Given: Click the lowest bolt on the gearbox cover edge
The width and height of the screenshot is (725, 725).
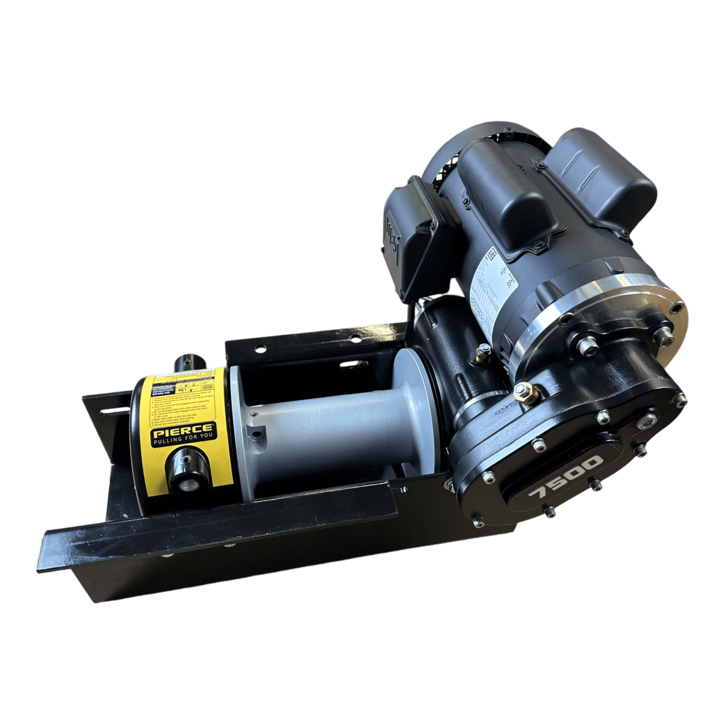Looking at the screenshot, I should (550, 511).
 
